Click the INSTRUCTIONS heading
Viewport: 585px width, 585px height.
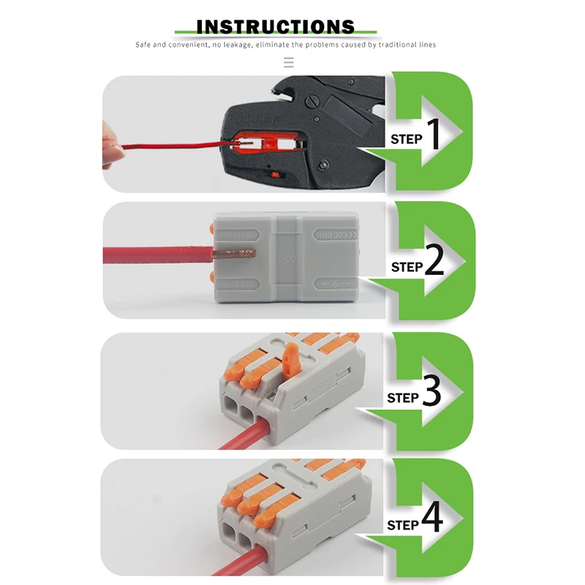click(x=276, y=27)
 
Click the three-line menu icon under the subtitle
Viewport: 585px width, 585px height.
click(x=289, y=63)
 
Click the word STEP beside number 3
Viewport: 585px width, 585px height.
click(x=402, y=399)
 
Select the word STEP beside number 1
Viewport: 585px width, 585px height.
click(x=406, y=139)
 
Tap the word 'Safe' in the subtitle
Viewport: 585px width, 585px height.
click(x=143, y=45)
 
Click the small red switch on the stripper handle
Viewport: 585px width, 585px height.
click(x=274, y=174)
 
